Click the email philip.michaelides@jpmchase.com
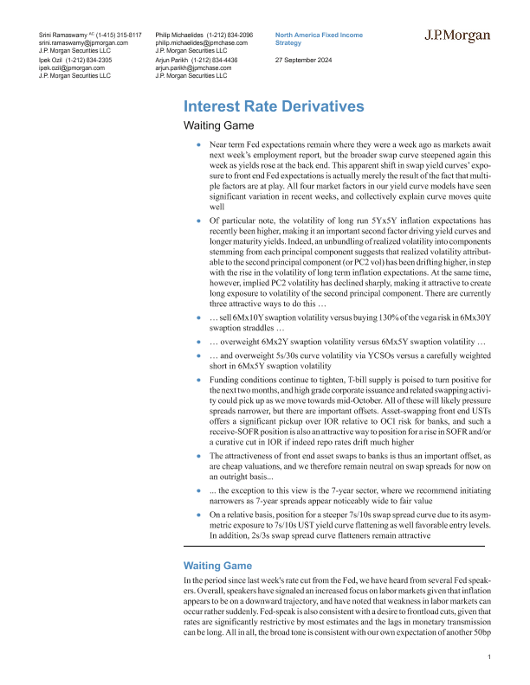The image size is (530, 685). (201, 42)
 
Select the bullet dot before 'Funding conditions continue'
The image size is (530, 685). (200, 380)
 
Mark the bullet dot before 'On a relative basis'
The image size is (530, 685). (200, 514)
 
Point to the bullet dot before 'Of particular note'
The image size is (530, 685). (200, 223)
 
